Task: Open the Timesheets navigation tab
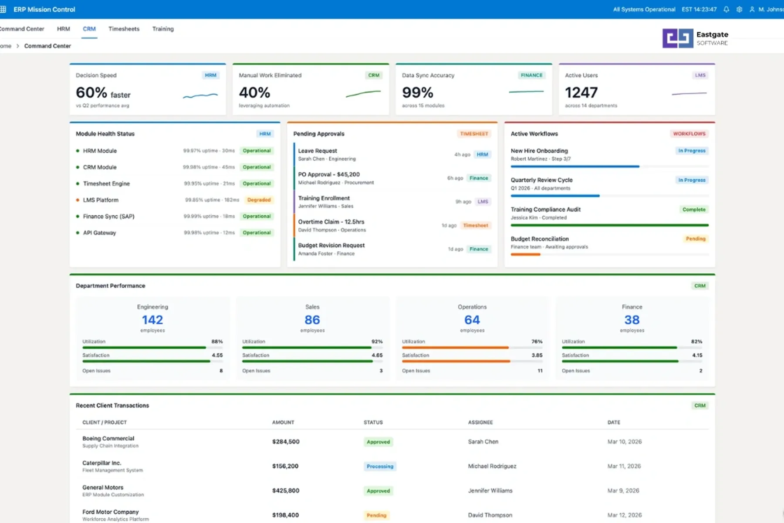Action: point(124,29)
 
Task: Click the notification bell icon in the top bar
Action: point(726,9)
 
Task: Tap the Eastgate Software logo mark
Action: point(677,38)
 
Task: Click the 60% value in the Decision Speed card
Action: point(91,93)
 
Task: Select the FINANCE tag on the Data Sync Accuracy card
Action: point(531,75)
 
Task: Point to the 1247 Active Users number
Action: point(581,93)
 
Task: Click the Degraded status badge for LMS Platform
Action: point(259,200)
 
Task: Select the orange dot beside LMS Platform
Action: point(78,200)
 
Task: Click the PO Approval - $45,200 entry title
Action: point(328,174)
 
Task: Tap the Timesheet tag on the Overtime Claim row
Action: point(475,225)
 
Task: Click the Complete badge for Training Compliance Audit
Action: point(693,210)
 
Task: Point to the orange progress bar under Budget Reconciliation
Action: point(525,255)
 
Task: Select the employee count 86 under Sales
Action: point(312,320)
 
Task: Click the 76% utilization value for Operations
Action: point(537,342)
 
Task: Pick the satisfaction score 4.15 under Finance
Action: point(697,355)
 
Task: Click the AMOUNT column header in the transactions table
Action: point(283,422)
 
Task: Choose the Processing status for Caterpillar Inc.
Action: point(380,466)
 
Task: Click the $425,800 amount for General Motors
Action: point(286,491)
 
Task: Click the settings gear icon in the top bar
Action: point(739,9)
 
